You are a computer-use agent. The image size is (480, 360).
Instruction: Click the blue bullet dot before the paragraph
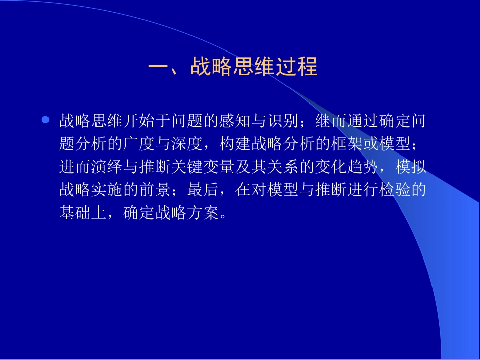[45, 120]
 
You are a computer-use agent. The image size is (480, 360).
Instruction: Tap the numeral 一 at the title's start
[158, 67]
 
